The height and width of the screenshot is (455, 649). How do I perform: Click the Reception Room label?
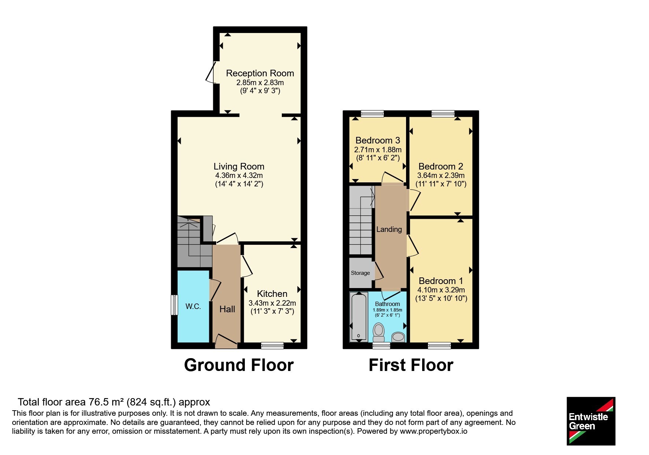coord(260,73)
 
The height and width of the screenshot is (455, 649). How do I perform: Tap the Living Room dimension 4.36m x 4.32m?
coord(239,175)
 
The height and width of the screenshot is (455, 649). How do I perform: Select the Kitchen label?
coord(272,294)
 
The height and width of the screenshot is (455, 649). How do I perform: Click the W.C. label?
coord(193,306)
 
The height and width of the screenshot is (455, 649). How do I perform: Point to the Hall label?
coord(227,309)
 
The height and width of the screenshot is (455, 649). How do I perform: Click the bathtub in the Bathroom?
coord(359,317)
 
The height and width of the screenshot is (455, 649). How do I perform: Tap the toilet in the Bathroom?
coord(379,332)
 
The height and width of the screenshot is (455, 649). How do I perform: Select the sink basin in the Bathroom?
coord(398,337)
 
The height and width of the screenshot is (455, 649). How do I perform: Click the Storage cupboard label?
coord(360,273)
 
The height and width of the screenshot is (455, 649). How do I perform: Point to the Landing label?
coord(389,229)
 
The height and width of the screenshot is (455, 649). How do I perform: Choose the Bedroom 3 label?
coord(378,141)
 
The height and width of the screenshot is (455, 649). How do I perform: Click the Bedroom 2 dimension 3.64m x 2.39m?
coord(441,175)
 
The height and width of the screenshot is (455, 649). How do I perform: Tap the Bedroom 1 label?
coord(441,281)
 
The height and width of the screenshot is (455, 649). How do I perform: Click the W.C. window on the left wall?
coord(175,305)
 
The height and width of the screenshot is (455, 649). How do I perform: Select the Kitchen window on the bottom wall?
coord(272,345)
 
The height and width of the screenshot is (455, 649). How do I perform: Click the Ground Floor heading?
coord(239,365)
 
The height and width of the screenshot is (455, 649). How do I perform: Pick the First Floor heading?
coord(411,365)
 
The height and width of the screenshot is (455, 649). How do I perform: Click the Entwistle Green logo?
coord(591,421)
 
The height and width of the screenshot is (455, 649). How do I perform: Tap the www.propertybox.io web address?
coord(434,432)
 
